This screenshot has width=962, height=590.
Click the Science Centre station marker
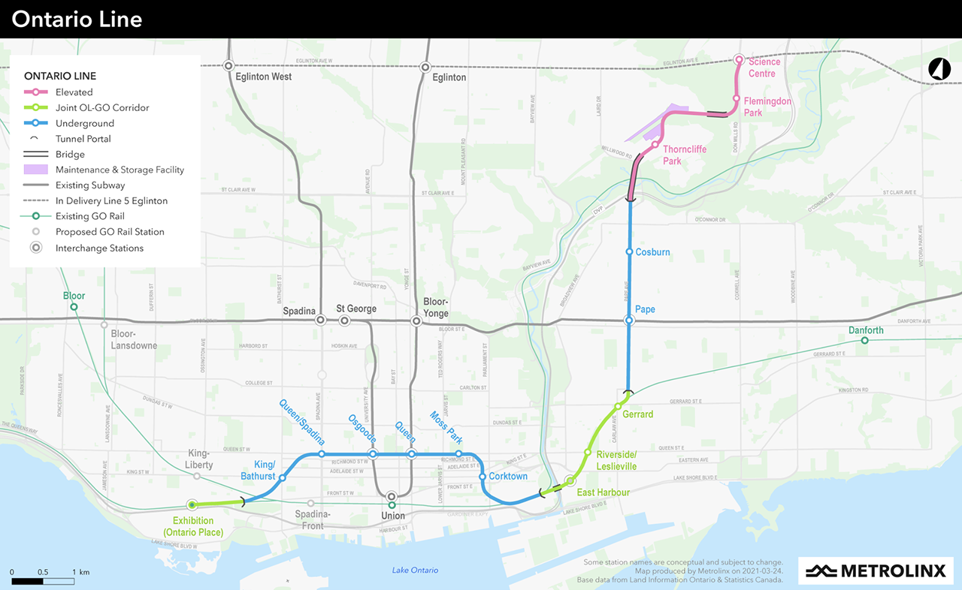click(x=739, y=59)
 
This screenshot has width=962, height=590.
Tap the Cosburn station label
click(x=652, y=252)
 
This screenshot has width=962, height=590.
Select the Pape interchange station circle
click(x=630, y=321)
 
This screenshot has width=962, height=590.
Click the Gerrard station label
click(x=638, y=414)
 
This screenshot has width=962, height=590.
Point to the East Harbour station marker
click(x=570, y=480)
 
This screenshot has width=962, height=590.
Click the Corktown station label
click(x=508, y=477)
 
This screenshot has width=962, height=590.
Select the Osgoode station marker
click(x=372, y=454)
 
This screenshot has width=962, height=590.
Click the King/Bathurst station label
click(x=259, y=471)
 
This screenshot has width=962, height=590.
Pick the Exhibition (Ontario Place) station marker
click(x=192, y=504)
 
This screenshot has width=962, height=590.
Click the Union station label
click(x=393, y=516)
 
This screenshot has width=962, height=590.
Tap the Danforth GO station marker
click(x=864, y=341)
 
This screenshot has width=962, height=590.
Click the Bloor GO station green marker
click(x=74, y=307)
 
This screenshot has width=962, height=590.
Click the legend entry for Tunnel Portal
click(x=83, y=139)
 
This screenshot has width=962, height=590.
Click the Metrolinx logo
click(x=876, y=570)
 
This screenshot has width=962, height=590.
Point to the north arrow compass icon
click(x=939, y=69)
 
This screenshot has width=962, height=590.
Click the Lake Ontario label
click(x=415, y=570)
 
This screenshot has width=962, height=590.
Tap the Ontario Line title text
click(x=77, y=19)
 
